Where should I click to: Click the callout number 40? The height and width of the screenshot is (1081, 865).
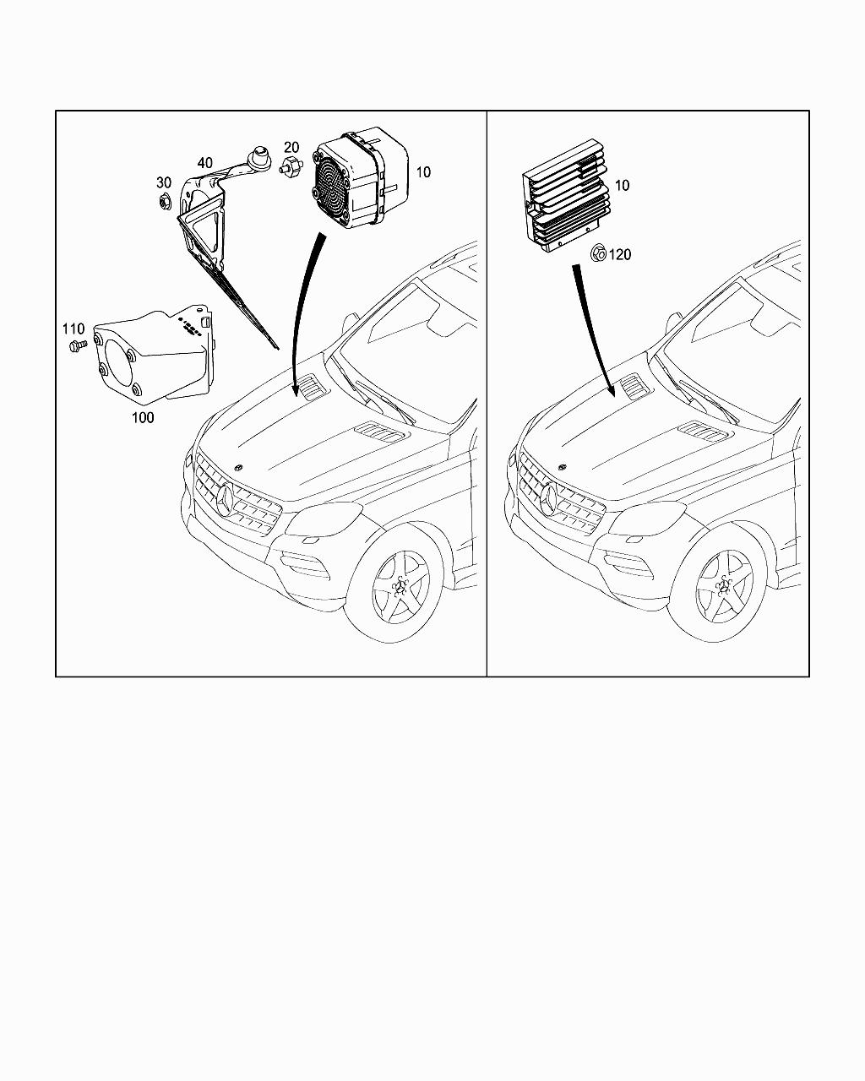tap(205, 162)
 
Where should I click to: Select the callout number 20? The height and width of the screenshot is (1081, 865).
tap(291, 147)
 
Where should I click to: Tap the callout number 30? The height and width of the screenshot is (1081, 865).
tap(163, 182)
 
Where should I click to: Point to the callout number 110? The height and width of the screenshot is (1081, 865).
tap(73, 328)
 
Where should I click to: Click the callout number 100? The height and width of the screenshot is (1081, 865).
tap(144, 417)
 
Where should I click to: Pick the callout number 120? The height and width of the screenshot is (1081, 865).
tap(620, 254)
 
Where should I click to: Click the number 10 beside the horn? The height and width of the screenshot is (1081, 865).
tap(423, 171)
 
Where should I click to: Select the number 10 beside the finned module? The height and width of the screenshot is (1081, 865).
tap(622, 185)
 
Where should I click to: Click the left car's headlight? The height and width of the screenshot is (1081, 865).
tap(324, 519)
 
